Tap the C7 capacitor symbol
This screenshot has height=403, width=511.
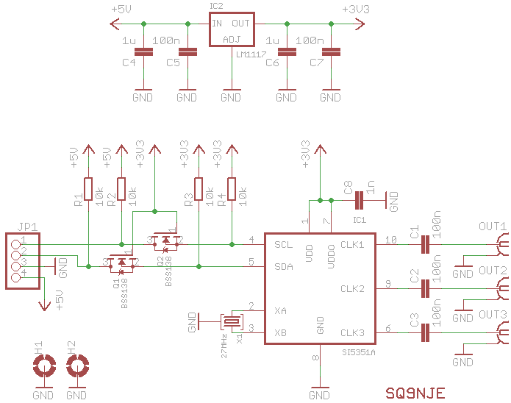(x=332, y=51)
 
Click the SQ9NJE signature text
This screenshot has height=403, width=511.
(x=415, y=393)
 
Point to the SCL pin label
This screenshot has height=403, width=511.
(x=283, y=244)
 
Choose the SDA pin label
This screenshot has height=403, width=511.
(x=283, y=266)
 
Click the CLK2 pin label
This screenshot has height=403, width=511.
(x=352, y=288)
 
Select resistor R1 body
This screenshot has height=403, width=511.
(x=88, y=190)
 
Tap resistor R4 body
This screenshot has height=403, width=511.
(x=232, y=190)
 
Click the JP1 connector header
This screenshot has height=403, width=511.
(x=23, y=261)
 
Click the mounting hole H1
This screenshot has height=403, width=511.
(x=43, y=365)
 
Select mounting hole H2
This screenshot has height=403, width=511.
(x=76, y=365)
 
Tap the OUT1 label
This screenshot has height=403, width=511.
(x=492, y=227)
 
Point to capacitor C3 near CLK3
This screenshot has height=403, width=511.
(x=424, y=334)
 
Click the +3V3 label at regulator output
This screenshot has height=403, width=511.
(x=356, y=9)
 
